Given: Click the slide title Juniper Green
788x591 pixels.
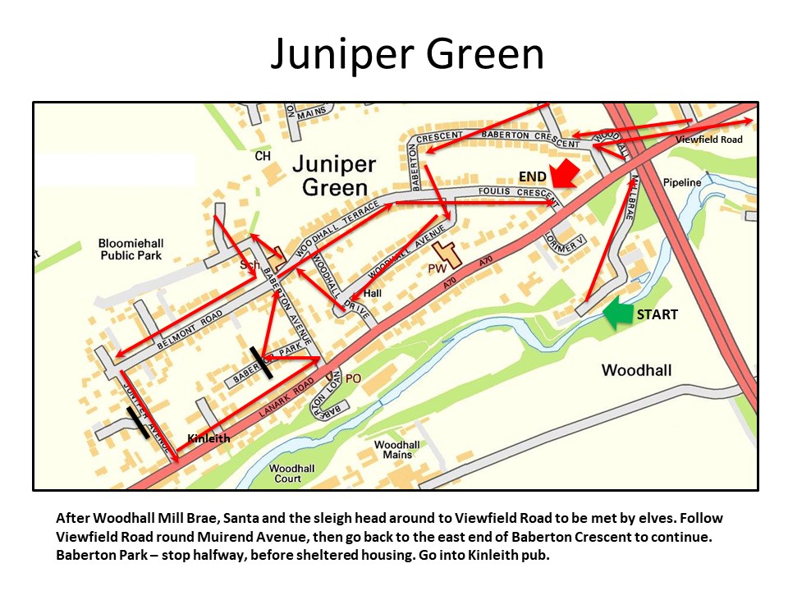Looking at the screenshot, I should (x=407, y=55).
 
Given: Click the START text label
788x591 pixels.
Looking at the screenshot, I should (x=657, y=314).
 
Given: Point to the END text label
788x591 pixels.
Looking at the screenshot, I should (x=532, y=176).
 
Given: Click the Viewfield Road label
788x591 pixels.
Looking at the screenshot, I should (x=709, y=140).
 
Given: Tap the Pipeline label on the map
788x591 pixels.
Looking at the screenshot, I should (x=682, y=182).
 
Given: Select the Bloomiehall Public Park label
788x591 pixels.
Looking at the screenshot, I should (x=130, y=250).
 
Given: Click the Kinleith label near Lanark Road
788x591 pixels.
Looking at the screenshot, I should (x=208, y=439).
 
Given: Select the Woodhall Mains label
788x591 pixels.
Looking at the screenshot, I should (x=397, y=450).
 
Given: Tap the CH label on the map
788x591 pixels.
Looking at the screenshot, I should (x=262, y=156).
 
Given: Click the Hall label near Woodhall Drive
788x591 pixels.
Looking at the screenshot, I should (x=373, y=293).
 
